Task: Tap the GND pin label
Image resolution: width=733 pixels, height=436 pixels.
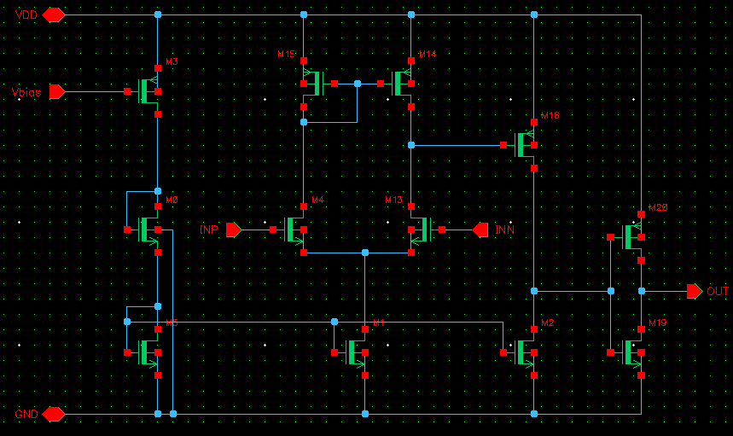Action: [x=25, y=414]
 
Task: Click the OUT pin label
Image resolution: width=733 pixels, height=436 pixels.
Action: [x=718, y=292]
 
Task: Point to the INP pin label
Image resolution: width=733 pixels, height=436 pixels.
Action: [x=209, y=230]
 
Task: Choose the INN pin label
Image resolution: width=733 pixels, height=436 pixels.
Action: [x=504, y=230]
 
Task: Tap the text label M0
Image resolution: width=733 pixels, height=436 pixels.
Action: [x=172, y=200]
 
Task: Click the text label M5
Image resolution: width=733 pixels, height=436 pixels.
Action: [x=172, y=323]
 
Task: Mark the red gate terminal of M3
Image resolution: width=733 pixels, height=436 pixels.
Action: [x=126, y=90]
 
